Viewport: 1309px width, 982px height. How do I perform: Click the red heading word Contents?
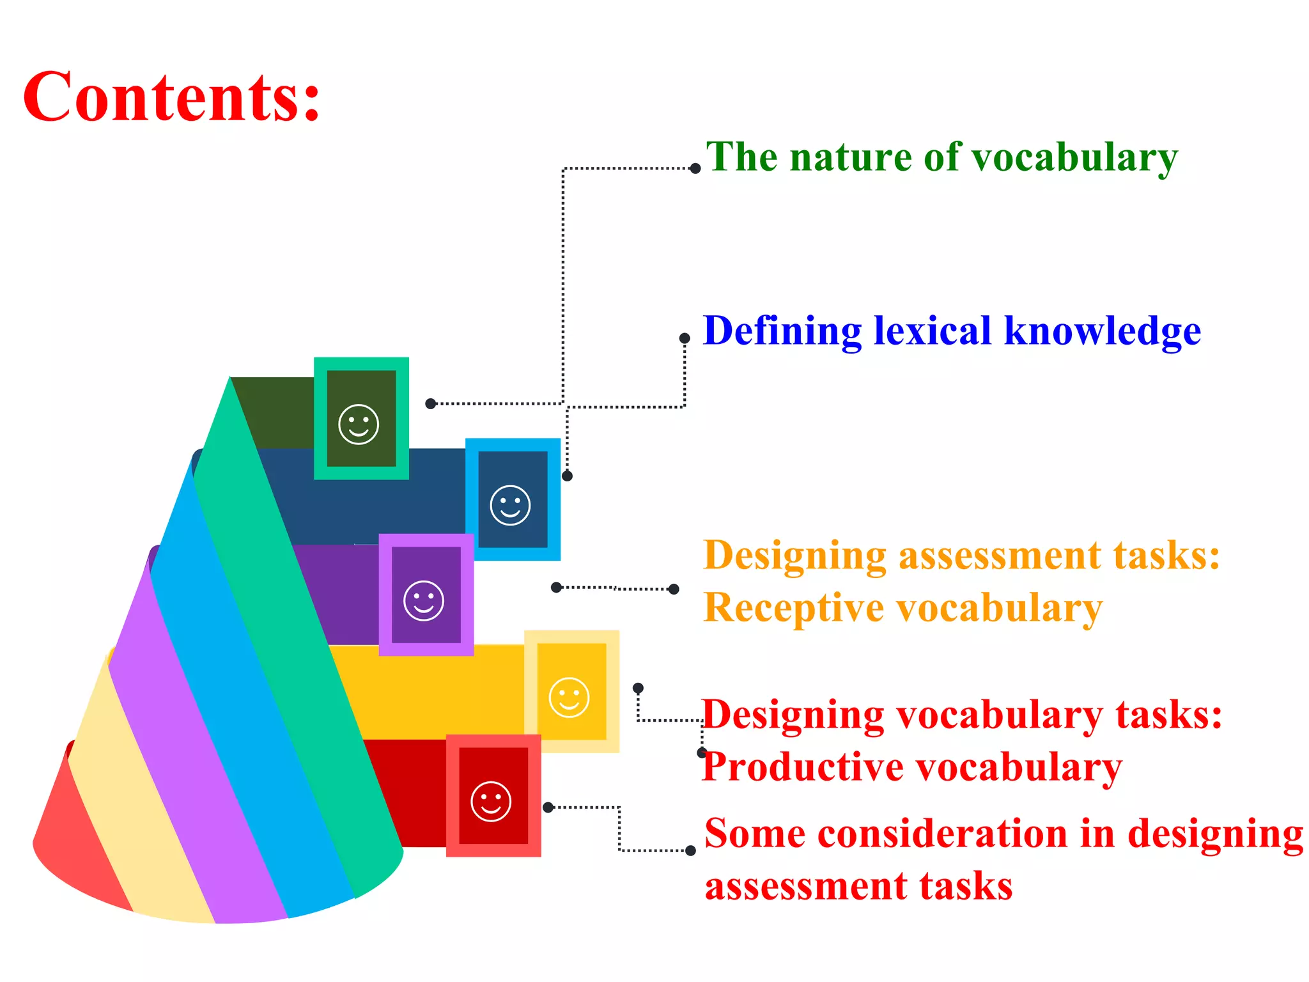(x=171, y=97)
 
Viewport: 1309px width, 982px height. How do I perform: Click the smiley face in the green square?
(x=359, y=424)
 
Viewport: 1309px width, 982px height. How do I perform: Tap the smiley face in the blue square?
(x=510, y=505)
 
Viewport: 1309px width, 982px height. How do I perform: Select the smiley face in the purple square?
(x=424, y=600)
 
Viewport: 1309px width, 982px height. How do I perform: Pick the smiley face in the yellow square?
(x=569, y=697)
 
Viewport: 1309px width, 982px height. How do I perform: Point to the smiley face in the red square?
(x=491, y=801)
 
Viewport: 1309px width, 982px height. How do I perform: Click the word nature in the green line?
(x=851, y=157)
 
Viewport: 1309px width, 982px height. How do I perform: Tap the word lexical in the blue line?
(x=933, y=331)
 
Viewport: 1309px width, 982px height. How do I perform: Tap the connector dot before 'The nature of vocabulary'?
(x=695, y=169)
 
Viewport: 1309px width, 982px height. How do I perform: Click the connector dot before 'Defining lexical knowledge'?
(x=685, y=338)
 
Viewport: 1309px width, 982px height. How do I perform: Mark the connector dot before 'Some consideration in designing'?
(x=690, y=851)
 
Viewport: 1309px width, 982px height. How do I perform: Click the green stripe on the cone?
(x=300, y=639)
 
